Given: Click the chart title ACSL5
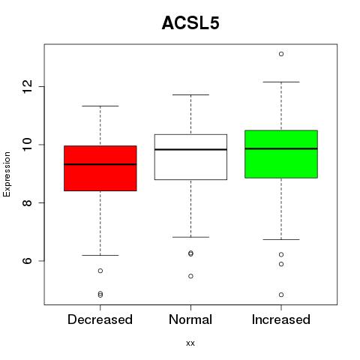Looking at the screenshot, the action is coord(190,23).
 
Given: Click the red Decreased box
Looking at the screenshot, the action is coord(100,168).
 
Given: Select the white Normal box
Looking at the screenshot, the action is coord(190,157).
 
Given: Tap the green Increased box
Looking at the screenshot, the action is coord(281,154).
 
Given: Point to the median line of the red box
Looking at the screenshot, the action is coord(100,164).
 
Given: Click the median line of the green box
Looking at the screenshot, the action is coord(281,148).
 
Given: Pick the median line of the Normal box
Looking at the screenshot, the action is coord(190,149).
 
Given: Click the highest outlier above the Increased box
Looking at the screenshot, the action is coord(281,54).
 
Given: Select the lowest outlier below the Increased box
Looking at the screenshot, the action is coord(281,295).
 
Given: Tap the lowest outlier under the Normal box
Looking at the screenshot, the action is coord(190,276).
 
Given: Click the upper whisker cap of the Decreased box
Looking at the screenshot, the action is coord(100,106).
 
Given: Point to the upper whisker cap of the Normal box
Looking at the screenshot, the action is coord(190,94).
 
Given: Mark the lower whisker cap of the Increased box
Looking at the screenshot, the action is coord(281,239).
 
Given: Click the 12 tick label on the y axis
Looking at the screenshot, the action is coord(27,86).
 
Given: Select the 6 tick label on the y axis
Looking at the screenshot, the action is coord(27,261).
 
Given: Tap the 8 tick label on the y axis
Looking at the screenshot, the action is coord(27,202).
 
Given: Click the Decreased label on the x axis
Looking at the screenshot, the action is coord(100,319).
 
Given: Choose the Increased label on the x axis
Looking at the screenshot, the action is coord(281,319).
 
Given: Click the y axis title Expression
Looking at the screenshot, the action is coord(7,174).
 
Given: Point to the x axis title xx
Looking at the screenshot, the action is coord(190,343).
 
